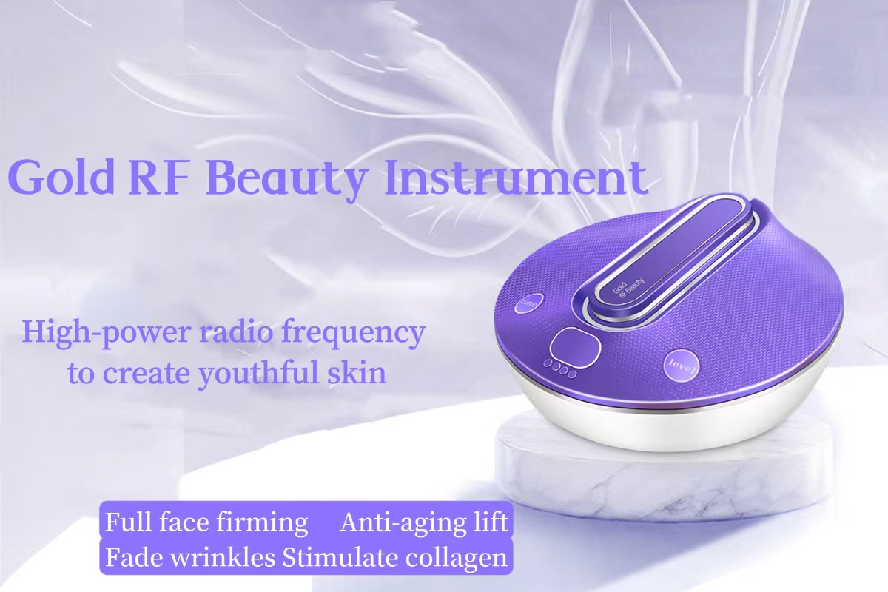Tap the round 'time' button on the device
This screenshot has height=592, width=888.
click(x=529, y=303)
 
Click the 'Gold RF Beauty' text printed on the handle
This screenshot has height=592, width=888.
click(x=628, y=287)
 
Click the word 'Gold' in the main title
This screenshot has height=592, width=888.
click(x=61, y=178)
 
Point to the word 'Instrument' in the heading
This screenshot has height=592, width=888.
click(x=516, y=178)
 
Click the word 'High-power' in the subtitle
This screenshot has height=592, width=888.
click(x=106, y=333)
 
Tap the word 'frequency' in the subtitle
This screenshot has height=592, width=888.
click(x=353, y=333)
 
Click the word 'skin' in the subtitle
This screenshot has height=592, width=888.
click(x=357, y=372)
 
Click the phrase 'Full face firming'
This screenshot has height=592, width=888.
click(x=206, y=522)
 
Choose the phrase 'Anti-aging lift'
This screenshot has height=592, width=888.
click(x=424, y=522)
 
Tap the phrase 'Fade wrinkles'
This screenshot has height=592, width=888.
click(x=190, y=557)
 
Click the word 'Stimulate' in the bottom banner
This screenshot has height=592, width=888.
click(x=340, y=557)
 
